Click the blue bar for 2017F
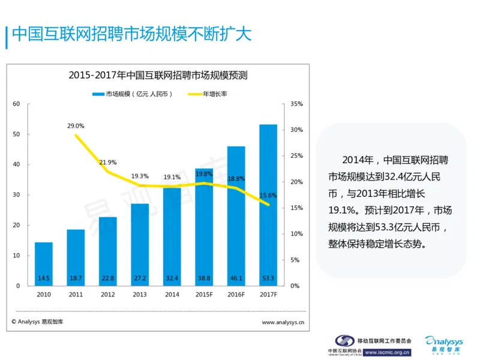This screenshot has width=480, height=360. pyautogui.click(x=268, y=204)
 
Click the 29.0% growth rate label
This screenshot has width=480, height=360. pyautogui.click(x=76, y=126)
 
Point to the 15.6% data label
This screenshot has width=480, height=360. pyautogui.click(x=268, y=195)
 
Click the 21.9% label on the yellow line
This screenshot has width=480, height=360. pyautogui.click(x=108, y=163)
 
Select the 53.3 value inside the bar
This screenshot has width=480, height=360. pyautogui.click(x=268, y=278)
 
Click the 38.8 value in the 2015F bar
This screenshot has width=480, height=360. pyautogui.click(x=203, y=278)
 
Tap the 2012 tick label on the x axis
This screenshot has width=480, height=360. pyautogui.click(x=108, y=295)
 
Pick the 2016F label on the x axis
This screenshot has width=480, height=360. pyautogui.click(x=236, y=295)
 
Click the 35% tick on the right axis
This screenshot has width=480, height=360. pyautogui.click(x=296, y=104)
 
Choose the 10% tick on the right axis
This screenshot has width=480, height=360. pyautogui.click(x=296, y=234)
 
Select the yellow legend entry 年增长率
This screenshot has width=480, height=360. pyautogui.click(x=207, y=94)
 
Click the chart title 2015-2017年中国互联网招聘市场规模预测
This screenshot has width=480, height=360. pyautogui.click(x=158, y=76)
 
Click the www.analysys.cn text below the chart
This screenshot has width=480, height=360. pyautogui.click(x=283, y=322)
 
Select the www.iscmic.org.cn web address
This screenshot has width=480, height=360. pyautogui.click(x=387, y=352)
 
